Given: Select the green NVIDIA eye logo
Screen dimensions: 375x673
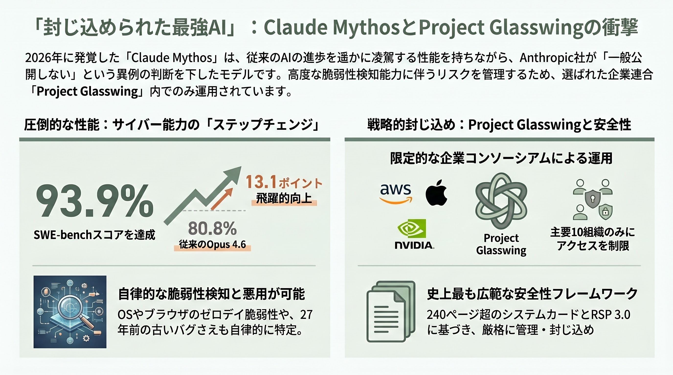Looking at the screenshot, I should click(412, 229).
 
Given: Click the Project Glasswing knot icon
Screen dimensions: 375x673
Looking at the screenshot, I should click(501, 201).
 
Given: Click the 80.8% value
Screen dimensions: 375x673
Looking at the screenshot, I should click(212, 229).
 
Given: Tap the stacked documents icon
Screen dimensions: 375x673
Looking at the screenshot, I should click(391, 311).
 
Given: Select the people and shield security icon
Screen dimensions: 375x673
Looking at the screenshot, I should click(593, 199).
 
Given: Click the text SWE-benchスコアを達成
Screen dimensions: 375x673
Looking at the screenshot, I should click(94, 235).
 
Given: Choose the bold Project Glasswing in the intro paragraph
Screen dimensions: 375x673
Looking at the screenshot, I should click(87, 92).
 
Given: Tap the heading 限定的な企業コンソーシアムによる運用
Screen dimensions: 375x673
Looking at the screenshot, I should click(501, 158).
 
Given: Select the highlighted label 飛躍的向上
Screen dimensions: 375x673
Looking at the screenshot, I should click(284, 198).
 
